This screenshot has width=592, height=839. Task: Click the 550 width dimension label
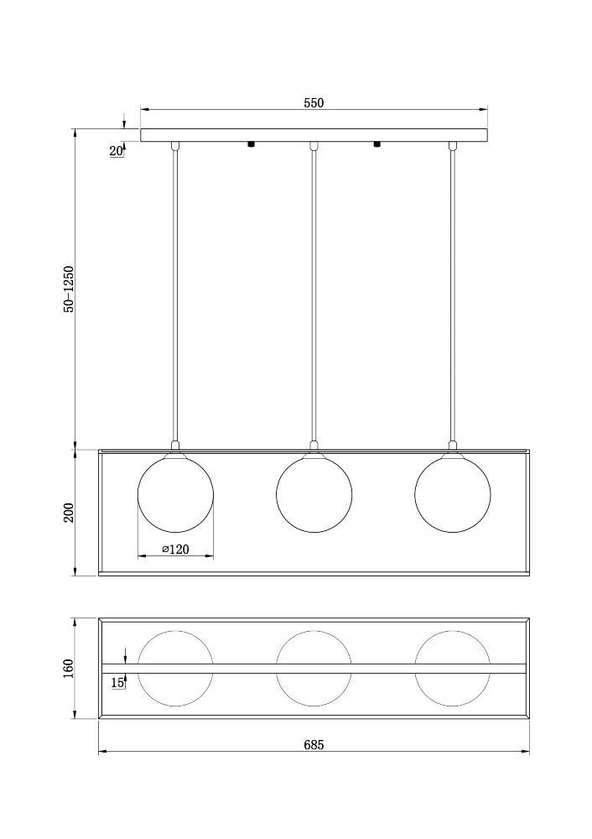[x=314, y=102]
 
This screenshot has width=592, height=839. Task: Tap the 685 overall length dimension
[x=314, y=744]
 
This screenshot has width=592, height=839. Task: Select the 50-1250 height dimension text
[x=69, y=289]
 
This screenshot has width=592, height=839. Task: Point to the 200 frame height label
[x=69, y=513]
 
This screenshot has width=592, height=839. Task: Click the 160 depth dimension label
[x=69, y=669]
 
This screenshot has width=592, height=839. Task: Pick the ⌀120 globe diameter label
[x=175, y=550]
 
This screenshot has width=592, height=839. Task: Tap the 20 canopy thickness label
[x=116, y=151]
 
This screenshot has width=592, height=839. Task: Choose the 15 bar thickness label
[x=118, y=682]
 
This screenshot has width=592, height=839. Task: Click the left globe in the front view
[x=175, y=494]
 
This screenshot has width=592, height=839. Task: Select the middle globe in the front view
[x=314, y=494]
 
